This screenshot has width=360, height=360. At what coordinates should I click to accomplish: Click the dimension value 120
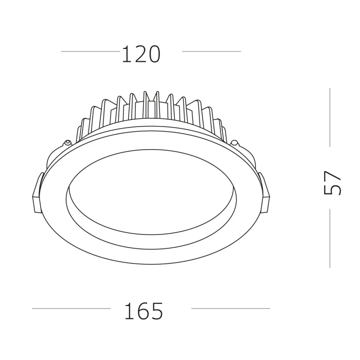[x=141, y=54]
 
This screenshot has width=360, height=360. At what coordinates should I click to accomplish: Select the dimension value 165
[x=143, y=311]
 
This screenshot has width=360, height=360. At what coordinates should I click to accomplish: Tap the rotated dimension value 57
[x=333, y=183]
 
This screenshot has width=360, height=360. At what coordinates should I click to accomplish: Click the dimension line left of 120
[x=90, y=51]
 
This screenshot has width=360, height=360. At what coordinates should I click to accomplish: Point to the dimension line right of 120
[x=211, y=51]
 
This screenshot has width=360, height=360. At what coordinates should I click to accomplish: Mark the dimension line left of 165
[x=71, y=309]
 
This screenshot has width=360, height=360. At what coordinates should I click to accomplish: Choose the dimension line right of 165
[x=230, y=309]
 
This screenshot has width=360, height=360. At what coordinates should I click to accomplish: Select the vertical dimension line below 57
[x=330, y=239]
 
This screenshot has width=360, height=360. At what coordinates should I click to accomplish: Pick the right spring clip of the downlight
[x=265, y=193]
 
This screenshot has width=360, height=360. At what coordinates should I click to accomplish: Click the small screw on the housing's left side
[x=67, y=141]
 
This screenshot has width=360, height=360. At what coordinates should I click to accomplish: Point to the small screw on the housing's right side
[x=234, y=142]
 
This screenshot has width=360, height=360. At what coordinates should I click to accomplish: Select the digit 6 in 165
[x=143, y=311]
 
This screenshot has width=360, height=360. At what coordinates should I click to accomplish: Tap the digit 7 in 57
[x=333, y=176]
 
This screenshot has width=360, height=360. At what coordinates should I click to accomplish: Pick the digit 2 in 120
[x=140, y=54]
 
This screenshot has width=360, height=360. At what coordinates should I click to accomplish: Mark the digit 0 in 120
[x=154, y=54]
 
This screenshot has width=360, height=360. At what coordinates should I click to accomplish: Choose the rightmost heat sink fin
[x=222, y=131]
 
